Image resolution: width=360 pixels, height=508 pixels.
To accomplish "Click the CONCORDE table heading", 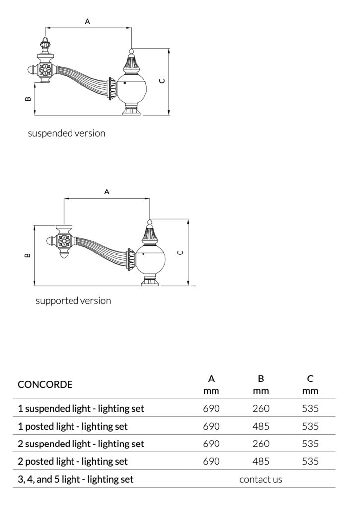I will [x=45, y=384].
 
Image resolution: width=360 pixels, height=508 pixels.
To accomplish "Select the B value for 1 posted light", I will [x=261, y=426].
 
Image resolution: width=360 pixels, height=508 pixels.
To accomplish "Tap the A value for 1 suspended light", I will [x=211, y=409].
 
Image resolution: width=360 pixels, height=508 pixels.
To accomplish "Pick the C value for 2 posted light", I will [x=310, y=461].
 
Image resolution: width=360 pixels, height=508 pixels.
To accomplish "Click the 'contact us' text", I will [x=260, y=479].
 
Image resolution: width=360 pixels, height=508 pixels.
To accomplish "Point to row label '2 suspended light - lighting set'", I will [x=81, y=444].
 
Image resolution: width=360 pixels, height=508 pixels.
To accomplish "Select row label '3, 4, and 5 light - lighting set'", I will [x=75, y=479].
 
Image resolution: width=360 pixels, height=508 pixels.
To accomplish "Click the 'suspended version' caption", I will [x=67, y=133].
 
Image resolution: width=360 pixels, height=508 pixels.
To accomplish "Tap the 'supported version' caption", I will [x=73, y=301].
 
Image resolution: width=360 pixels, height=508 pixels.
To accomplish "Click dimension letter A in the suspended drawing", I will [x=88, y=21].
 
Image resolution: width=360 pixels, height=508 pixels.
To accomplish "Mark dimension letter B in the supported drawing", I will [x=28, y=256].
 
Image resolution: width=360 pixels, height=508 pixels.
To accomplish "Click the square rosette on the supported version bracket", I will [x=64, y=242].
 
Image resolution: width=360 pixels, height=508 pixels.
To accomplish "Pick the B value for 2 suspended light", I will [x=261, y=444].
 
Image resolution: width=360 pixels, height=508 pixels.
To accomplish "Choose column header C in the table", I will [x=310, y=379].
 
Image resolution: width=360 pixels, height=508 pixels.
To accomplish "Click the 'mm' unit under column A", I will [x=211, y=391].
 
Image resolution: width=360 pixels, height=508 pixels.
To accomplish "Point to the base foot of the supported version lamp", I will [x=150, y=282].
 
